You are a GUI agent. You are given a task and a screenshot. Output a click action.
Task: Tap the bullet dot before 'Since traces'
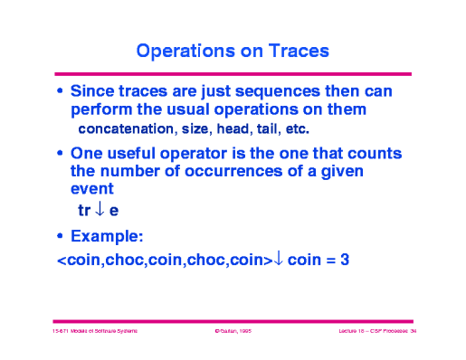coord(60,92)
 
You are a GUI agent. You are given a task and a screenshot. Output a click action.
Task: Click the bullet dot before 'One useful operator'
coord(60,153)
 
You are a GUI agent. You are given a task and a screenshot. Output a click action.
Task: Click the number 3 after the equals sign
coord(345,260)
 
